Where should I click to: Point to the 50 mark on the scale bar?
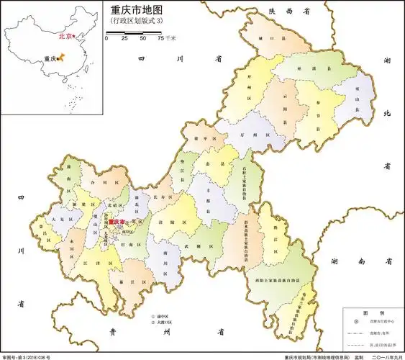(142, 37)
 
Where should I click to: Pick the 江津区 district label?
(94, 264)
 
